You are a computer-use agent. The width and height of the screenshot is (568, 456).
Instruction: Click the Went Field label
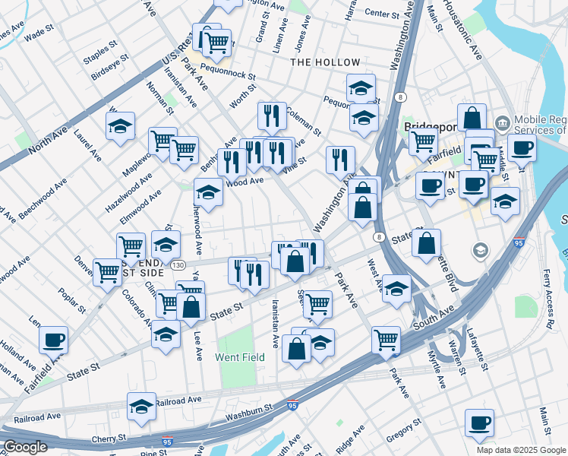pyautogui.click(x=240, y=356)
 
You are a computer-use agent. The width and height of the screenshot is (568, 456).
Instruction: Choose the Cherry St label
pyautogui.click(x=110, y=439)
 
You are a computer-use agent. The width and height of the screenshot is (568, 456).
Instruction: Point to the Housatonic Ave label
pyautogui.click(x=471, y=30)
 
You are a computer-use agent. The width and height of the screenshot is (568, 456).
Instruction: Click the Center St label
pyautogui.click(x=381, y=14)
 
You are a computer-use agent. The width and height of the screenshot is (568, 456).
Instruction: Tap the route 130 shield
pyautogui.click(x=178, y=264)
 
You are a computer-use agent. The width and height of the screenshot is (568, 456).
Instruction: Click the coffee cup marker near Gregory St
pyautogui.click(x=478, y=423)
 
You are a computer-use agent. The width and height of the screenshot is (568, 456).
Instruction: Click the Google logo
pyautogui.click(x=25, y=447)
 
